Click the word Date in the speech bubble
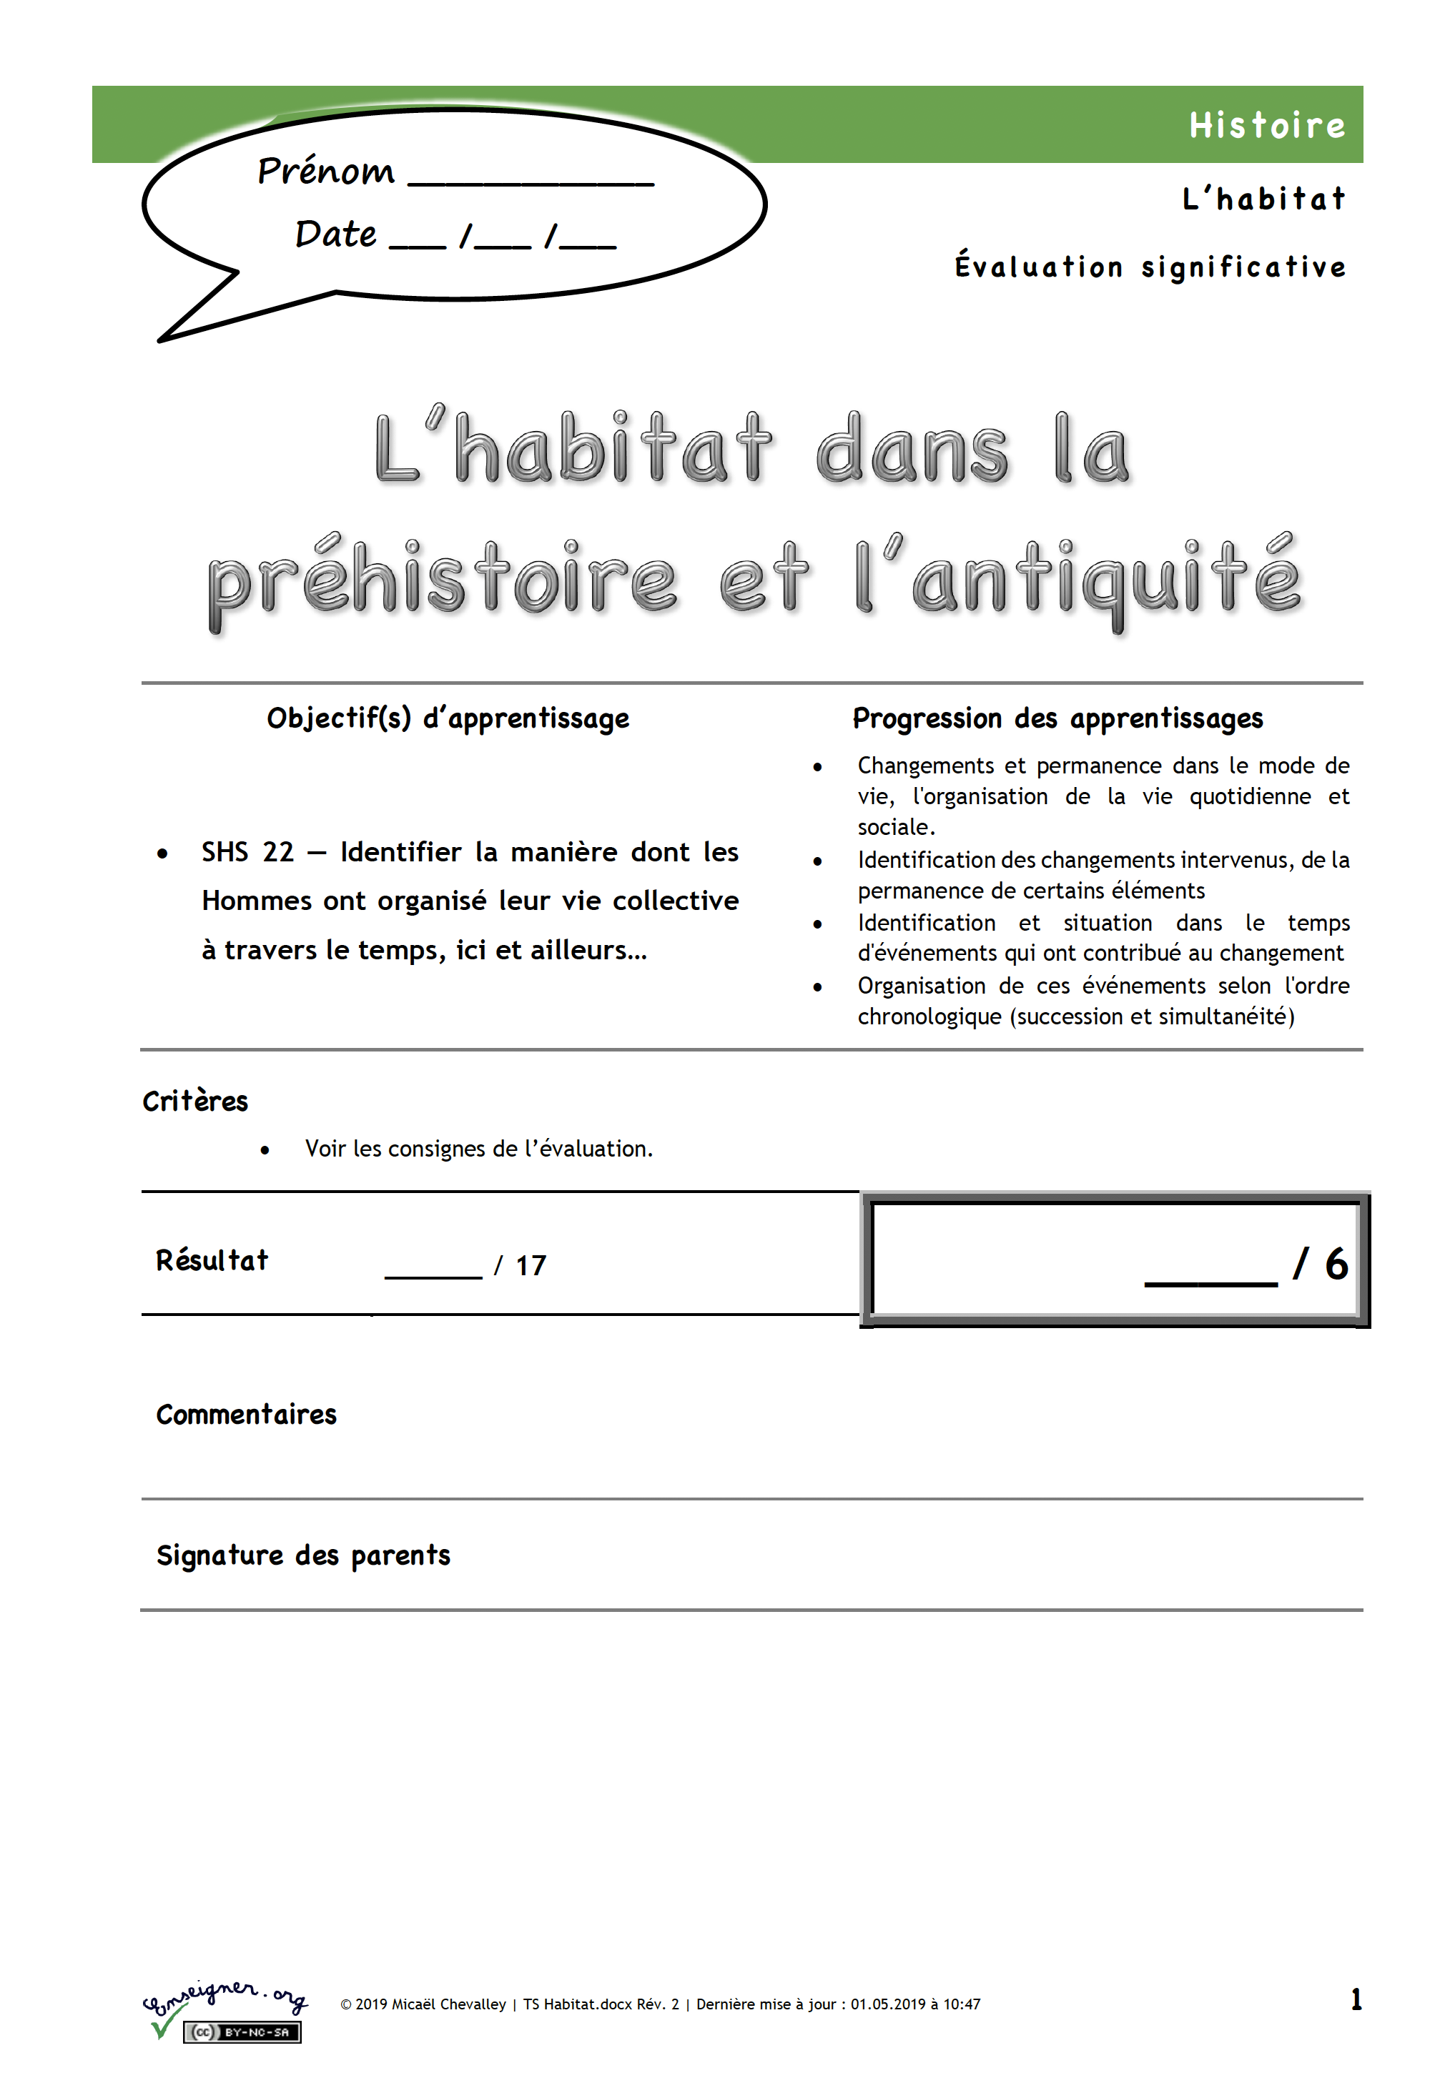coord(335,234)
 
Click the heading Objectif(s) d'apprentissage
coord(448,718)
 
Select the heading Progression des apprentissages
coord(1057,718)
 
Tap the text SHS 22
coord(247,852)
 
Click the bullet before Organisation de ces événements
coord(817,987)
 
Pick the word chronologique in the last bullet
coord(929,1017)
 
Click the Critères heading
coord(195,1101)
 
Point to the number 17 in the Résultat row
coord(531,1265)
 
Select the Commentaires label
coord(246,1414)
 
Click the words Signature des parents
coord(303,1555)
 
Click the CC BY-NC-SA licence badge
coord(242,2032)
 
